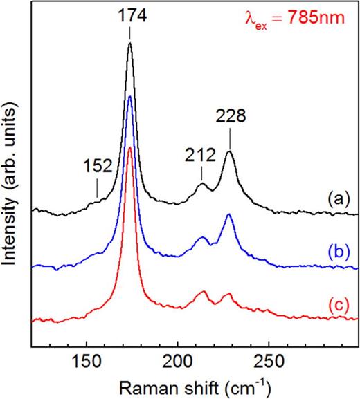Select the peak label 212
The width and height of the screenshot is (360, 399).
(x=200, y=156)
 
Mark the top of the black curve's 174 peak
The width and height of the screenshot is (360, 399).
(x=129, y=44)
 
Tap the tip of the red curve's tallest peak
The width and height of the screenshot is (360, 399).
(x=129, y=147)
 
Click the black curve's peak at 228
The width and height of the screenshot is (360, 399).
(x=229, y=153)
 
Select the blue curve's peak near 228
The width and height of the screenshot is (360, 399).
(x=228, y=215)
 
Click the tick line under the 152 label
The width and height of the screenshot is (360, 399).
(x=98, y=188)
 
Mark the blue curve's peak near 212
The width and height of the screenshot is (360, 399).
(x=203, y=238)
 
